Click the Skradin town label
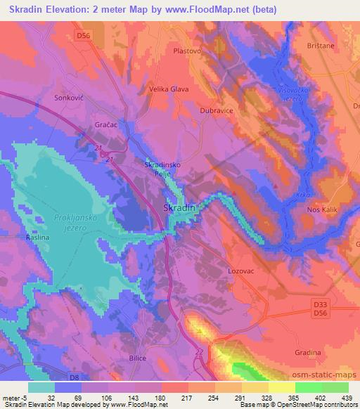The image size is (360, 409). [180, 209]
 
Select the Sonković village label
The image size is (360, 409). [69, 98]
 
